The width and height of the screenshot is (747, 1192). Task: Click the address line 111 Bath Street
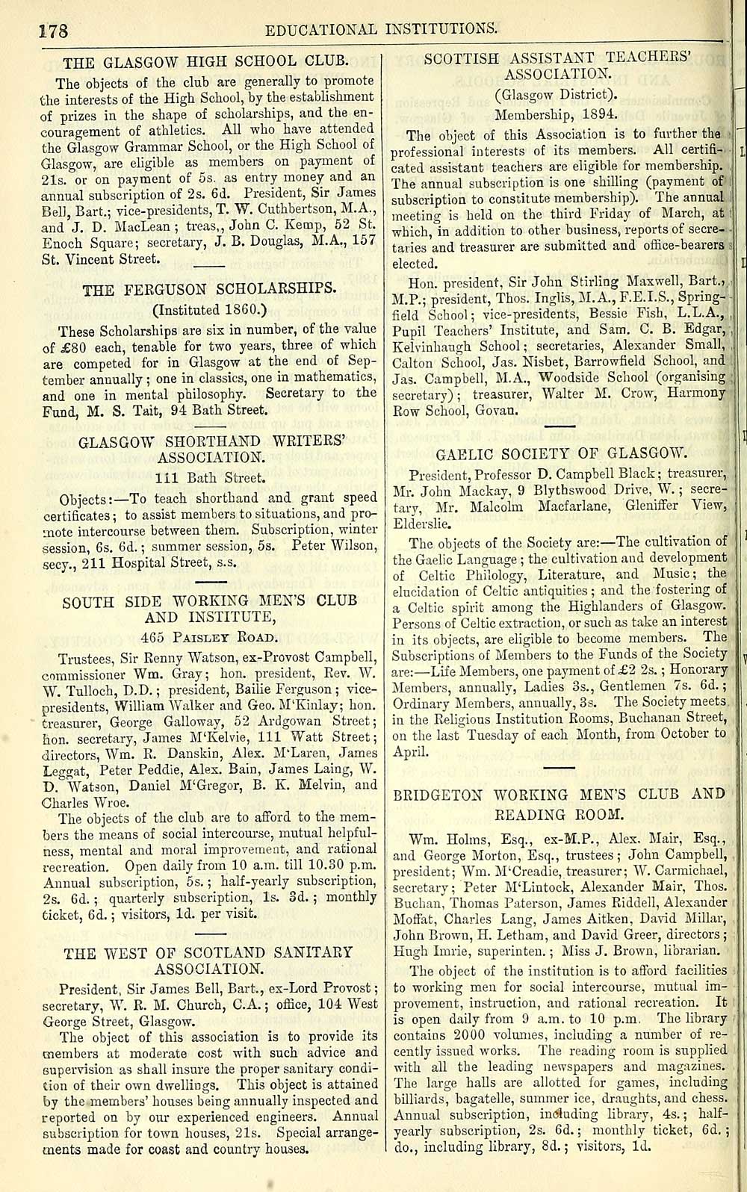click(x=210, y=478)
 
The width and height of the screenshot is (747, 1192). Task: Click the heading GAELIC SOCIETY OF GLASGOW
click(x=560, y=453)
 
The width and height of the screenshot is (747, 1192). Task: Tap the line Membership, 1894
click(x=557, y=114)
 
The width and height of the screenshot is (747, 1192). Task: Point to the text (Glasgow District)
click(x=557, y=94)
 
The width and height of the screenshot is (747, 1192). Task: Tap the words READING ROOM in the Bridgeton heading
click(x=560, y=813)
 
